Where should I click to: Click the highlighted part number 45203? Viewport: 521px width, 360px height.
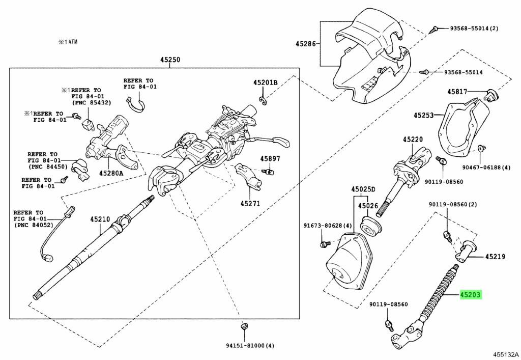[471, 294]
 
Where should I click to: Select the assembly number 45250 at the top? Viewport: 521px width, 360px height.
[170, 60]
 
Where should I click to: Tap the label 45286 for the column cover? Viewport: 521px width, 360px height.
[305, 44]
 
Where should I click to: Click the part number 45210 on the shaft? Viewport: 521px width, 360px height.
[100, 219]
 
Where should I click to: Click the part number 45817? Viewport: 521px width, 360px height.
[457, 92]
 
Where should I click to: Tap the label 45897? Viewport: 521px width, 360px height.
[270, 159]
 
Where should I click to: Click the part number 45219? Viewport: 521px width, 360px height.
[495, 257]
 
